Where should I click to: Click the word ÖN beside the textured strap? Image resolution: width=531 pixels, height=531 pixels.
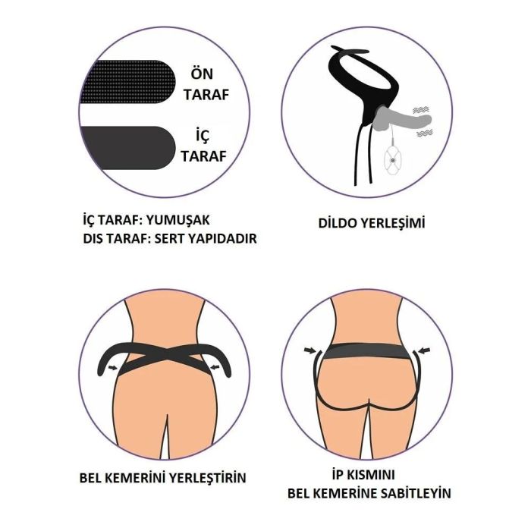click(x=202, y=74)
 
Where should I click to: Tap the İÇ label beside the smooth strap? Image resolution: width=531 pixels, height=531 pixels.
click(x=203, y=136)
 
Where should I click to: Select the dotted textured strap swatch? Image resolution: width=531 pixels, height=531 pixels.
click(x=128, y=82)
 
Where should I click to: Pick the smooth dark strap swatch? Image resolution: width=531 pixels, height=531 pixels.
click(x=128, y=148)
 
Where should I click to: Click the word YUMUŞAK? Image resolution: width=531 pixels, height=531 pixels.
click(x=178, y=220)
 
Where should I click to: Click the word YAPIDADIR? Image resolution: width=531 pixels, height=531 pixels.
click(x=222, y=239)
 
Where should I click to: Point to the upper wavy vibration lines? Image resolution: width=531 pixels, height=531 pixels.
click(x=421, y=110)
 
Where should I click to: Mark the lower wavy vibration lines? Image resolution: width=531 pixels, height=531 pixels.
click(x=425, y=133)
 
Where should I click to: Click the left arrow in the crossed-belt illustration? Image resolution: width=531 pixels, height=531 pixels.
click(x=113, y=367)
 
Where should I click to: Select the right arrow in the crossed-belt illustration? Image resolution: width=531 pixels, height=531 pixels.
click(x=215, y=366)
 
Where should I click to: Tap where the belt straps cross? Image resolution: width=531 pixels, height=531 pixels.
click(x=165, y=354)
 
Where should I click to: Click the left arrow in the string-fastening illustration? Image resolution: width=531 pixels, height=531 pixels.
click(x=309, y=350)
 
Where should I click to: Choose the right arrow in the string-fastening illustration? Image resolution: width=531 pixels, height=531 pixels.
click(x=424, y=350)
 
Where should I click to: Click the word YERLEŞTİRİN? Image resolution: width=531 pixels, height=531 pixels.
click(x=208, y=478)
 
